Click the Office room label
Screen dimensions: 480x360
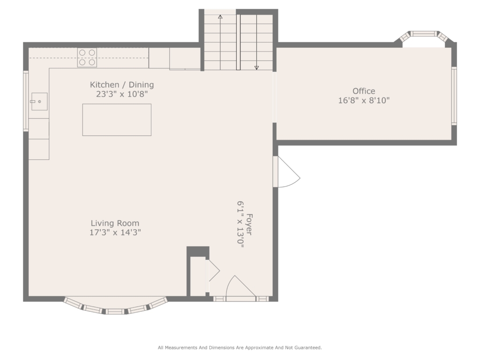(x=364, y=91)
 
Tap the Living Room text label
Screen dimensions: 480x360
(x=115, y=223)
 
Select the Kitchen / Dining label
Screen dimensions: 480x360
(x=122, y=85)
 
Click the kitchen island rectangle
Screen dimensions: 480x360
(x=117, y=120)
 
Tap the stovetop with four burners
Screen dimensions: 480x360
(x=87, y=58)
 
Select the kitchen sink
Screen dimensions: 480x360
(x=39, y=101)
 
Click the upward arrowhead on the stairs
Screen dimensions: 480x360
(x=220, y=16)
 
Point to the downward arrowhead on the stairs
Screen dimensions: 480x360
(x=256, y=67)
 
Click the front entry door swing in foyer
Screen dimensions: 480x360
(x=241, y=286)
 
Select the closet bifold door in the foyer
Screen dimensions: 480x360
(x=213, y=270)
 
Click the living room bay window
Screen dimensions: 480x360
(x=116, y=307)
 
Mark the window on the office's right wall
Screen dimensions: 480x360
(x=454, y=96)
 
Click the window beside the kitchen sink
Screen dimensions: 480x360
(x=26, y=101)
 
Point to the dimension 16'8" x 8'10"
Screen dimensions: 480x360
(x=364, y=100)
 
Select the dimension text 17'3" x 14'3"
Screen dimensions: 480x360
(x=115, y=232)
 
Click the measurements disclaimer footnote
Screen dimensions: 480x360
(x=240, y=347)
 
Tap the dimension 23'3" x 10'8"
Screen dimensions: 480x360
(x=122, y=94)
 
